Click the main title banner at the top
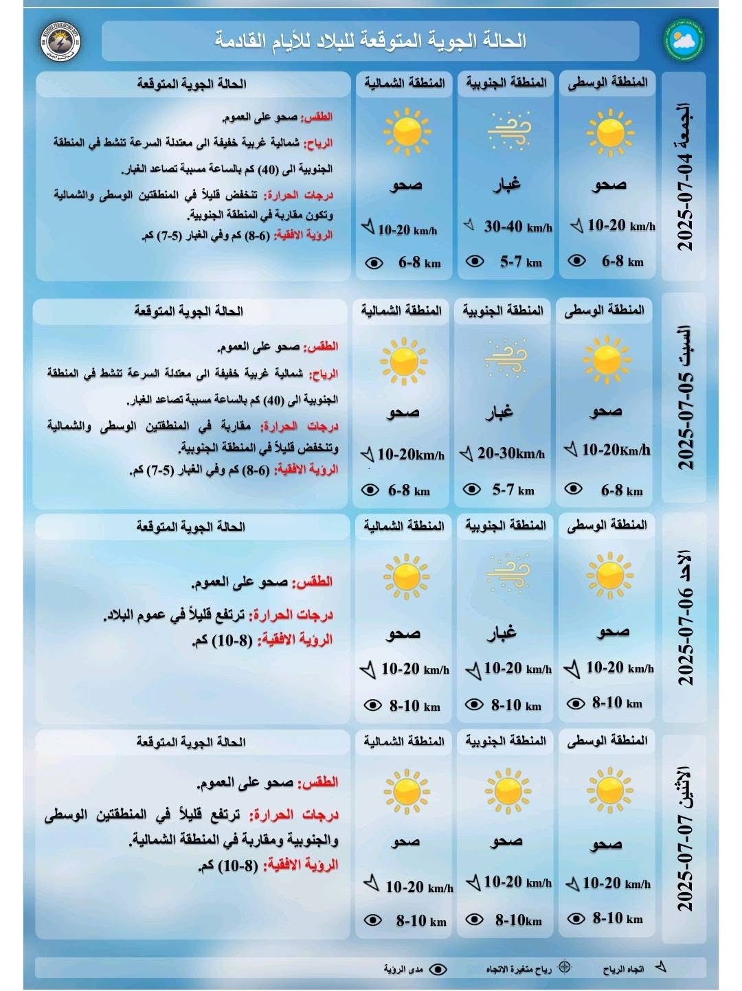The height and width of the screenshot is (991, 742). click(x=370, y=41)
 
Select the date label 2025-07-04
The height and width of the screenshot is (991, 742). click(x=684, y=177)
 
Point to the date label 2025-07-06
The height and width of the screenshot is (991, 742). click(x=684, y=618)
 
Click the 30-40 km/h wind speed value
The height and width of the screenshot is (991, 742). click(x=517, y=226)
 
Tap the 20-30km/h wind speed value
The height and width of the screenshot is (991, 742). click(x=510, y=453)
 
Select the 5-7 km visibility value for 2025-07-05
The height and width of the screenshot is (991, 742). click(x=513, y=490)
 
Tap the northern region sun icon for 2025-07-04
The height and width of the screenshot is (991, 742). click(x=407, y=130)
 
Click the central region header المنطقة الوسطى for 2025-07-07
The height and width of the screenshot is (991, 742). click(x=607, y=740)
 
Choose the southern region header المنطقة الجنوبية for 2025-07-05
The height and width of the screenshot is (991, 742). click(x=503, y=310)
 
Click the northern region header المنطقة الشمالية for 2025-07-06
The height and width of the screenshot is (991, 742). click(x=404, y=526)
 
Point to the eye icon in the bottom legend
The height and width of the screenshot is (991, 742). click(x=438, y=968)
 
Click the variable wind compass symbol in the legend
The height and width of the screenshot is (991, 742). click(x=564, y=967)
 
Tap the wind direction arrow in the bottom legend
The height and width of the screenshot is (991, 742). click(x=660, y=967)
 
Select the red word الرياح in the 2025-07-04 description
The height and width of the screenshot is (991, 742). click(x=319, y=143)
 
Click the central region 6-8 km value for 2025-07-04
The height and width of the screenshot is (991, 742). click(x=622, y=261)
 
